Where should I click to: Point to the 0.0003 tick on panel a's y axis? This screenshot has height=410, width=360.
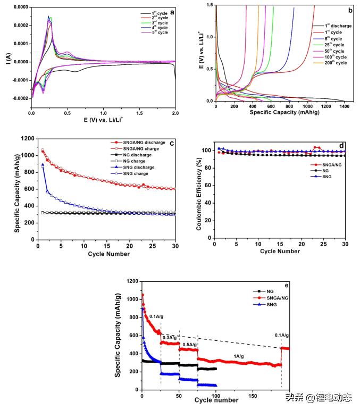[20, 7]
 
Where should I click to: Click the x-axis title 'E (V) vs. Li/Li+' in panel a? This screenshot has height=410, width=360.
[106, 121]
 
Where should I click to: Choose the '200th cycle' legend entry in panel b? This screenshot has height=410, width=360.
[334, 63]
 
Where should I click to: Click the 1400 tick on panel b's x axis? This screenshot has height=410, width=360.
[344, 107]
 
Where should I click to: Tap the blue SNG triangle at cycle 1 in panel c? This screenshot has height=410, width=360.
[43, 165]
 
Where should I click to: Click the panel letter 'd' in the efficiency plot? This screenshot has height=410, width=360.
[341, 145]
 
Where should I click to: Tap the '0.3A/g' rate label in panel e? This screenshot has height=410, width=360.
[170, 338]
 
